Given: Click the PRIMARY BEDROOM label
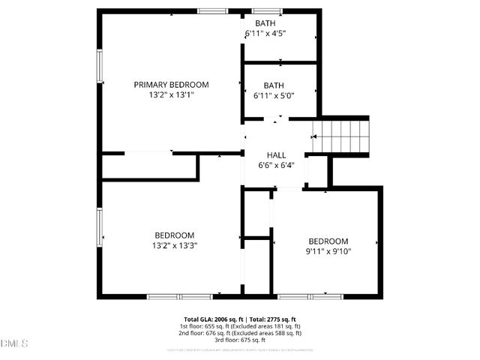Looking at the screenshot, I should click(171, 85).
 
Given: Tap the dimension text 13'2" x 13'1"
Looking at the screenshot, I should click(171, 95).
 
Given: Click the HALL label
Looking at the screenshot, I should click(276, 155).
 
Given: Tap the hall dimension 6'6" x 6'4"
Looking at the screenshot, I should click(276, 166).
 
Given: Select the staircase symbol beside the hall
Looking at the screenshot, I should click(341, 136).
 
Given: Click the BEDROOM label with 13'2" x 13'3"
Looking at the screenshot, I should click(174, 235).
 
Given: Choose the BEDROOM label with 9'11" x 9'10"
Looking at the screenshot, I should click(328, 241).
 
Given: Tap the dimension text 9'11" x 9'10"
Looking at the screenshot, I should click(328, 252).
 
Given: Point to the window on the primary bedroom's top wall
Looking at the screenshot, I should click(213, 11).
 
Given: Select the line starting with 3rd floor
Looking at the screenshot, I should click(240, 340).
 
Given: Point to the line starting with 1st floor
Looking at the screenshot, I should click(240, 326).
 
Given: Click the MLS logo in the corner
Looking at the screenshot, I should click(13, 343).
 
